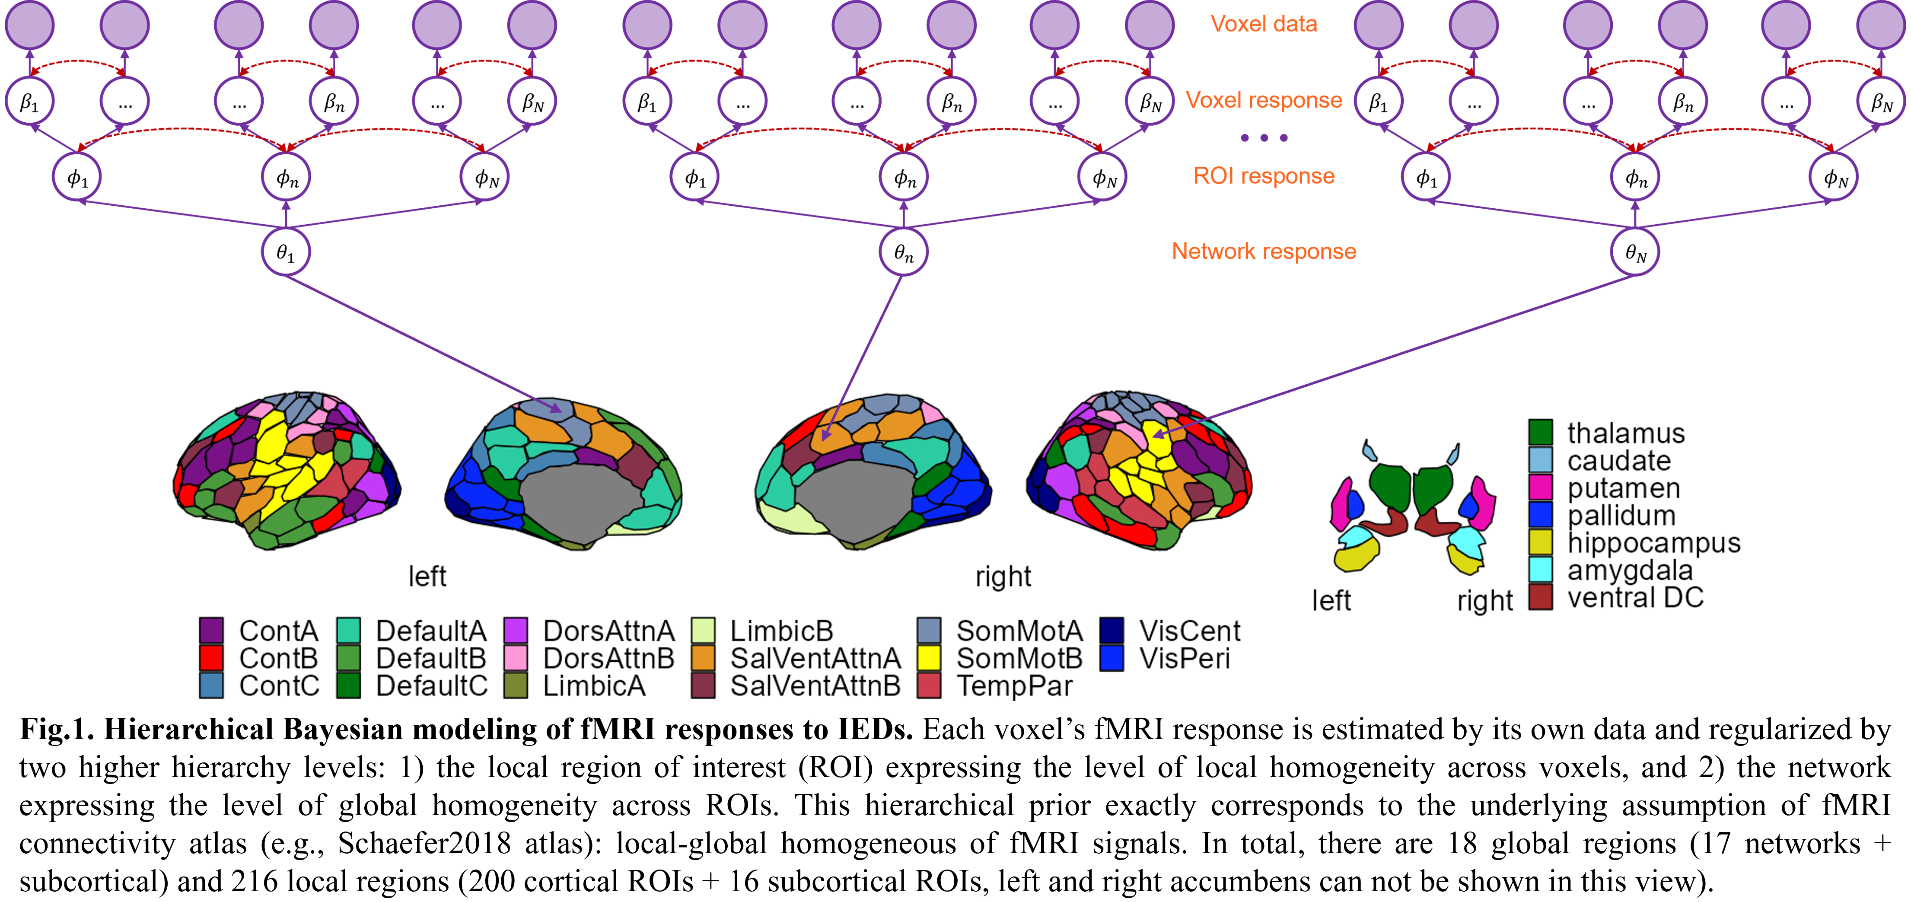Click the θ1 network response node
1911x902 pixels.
(x=286, y=252)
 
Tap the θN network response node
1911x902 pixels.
(x=1635, y=252)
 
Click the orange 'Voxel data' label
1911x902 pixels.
(x=1263, y=24)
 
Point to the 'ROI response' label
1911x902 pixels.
(x=1263, y=176)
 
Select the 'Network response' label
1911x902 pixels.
(x=1263, y=252)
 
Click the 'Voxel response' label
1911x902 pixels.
(x=1263, y=100)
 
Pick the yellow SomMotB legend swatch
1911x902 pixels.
(x=929, y=658)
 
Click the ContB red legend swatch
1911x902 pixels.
(x=211, y=658)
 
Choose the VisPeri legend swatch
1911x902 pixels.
(x=1111, y=658)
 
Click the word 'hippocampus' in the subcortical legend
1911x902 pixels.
(x=1653, y=543)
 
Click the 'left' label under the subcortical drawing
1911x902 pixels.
(x=1331, y=600)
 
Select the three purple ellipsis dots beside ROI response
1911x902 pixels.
(x=1263, y=138)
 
